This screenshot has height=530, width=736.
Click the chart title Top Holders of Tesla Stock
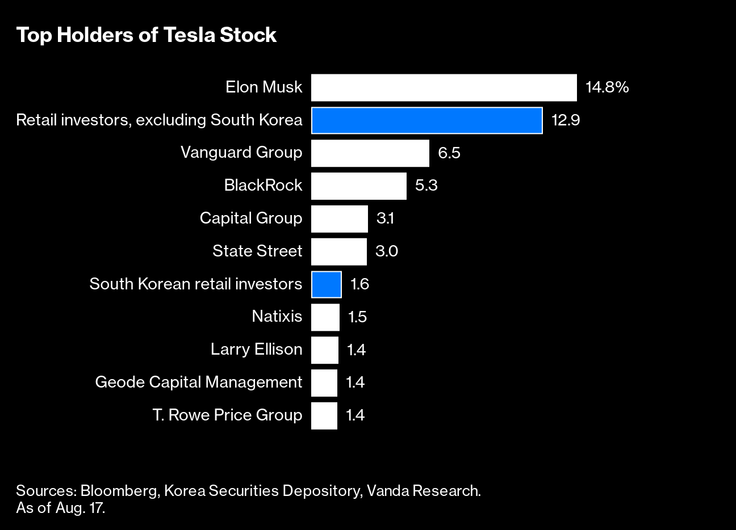(146, 35)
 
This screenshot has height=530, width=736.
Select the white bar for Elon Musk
(444, 87)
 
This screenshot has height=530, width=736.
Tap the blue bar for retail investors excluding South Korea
(426, 120)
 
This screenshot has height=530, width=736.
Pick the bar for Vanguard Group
(370, 153)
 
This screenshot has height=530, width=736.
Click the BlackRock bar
(358, 186)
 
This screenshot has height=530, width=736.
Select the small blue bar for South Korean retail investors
(326, 284)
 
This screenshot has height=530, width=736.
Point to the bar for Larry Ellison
(324, 350)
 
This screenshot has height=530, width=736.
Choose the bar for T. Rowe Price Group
(324, 415)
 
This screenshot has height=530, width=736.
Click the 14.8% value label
(607, 87)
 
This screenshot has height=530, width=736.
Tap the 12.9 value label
(565, 120)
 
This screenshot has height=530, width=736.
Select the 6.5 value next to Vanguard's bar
(449, 153)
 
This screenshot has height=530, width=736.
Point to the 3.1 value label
(385, 218)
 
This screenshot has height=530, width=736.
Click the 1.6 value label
(359, 284)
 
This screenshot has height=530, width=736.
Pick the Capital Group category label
(250, 218)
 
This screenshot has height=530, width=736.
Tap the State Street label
(257, 251)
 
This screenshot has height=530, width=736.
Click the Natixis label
(277, 317)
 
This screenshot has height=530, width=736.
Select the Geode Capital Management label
(198, 382)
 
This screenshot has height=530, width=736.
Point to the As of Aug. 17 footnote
(61, 508)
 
